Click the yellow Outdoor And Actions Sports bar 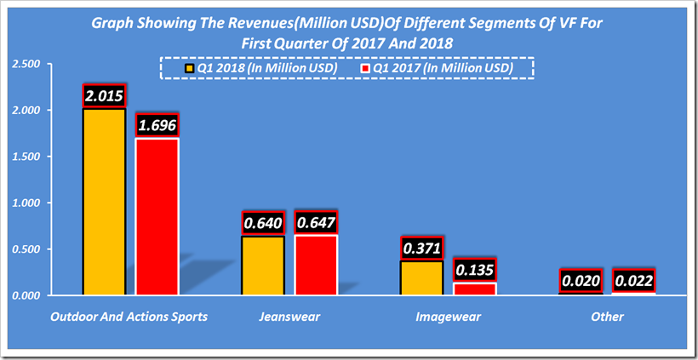(x=104, y=202)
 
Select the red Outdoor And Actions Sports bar (x=157, y=216)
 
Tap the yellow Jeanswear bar (x=263, y=266)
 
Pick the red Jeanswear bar (x=316, y=265)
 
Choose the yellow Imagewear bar (x=421, y=278)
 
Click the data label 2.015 (x=104, y=95)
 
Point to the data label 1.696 (x=157, y=125)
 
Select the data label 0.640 (x=263, y=223)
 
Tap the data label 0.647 (x=316, y=222)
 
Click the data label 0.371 (x=421, y=248)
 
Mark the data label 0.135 (x=474, y=270)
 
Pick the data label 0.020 (x=581, y=281)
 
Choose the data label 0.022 (x=634, y=281)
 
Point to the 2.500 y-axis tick (x=26, y=65)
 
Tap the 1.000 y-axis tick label (x=26, y=203)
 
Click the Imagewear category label (x=448, y=317)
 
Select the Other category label (x=608, y=317)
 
